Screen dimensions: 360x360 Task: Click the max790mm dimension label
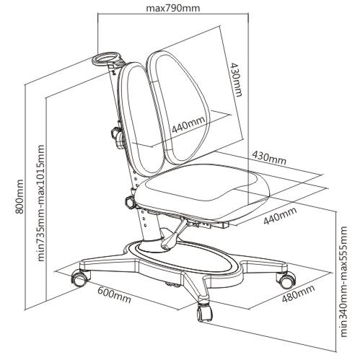pyautogui.click(x=173, y=8)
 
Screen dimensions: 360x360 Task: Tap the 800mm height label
pyautogui.click(x=19, y=196)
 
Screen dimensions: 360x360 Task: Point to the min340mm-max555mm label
pyautogui.click(x=343, y=281)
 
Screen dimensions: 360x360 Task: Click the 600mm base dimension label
pyautogui.click(x=114, y=295)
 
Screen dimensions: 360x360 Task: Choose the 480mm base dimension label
pyautogui.click(x=298, y=294)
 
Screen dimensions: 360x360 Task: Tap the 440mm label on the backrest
pyautogui.click(x=189, y=124)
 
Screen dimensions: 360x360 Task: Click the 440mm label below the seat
pyautogui.click(x=280, y=215)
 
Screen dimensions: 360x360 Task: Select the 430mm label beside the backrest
pyautogui.click(x=236, y=79)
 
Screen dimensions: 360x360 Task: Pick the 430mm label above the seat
pyautogui.click(x=269, y=158)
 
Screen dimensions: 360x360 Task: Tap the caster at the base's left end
pyautogui.click(x=79, y=278)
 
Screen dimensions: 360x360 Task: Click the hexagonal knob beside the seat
pyautogui.click(x=130, y=202)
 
